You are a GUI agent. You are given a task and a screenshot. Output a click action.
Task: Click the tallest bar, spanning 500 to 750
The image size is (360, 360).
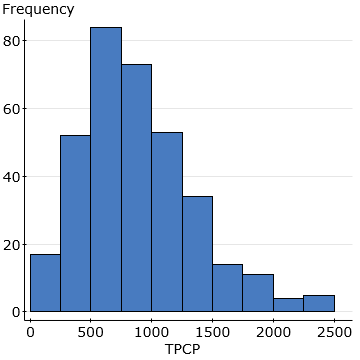tap(106, 170)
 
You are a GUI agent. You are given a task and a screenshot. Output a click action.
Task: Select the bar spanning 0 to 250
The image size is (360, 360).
tap(45, 283)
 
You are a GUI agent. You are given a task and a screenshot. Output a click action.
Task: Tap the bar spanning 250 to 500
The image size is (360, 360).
tap(75, 224)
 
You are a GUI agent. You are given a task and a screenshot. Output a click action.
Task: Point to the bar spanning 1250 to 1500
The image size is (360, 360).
tap(197, 254)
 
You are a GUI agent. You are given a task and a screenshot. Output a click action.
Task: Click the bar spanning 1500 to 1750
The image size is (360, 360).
tap(228, 288)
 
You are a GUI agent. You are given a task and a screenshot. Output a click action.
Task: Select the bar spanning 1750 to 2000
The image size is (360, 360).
tap(258, 293)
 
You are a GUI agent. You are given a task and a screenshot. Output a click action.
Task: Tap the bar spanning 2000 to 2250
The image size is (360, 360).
tap(289, 305)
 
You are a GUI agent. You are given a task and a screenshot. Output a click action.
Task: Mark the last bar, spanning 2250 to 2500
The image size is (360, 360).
tap(319, 303)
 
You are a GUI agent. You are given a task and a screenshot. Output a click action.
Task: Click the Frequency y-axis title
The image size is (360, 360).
tap(37, 10)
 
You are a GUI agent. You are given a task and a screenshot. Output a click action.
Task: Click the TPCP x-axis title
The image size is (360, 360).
tap(182, 351)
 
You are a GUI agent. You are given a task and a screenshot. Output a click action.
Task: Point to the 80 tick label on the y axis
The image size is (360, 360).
tap(14, 41)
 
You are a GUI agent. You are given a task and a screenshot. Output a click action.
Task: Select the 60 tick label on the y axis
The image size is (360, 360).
tap(14, 109)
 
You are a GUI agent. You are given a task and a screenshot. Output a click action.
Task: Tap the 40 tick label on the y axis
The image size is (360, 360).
tap(14, 177)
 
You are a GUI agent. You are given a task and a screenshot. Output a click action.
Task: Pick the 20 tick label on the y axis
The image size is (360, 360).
tap(14, 245)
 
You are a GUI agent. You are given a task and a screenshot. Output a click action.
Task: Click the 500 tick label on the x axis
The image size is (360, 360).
tap(91, 331)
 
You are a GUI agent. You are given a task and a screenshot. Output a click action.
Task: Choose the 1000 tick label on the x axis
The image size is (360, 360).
tap(152, 331)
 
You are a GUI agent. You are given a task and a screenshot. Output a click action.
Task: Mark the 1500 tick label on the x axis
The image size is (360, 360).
tap(213, 331)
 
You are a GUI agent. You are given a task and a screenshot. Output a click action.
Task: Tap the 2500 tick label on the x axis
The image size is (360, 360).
tap(334, 331)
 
